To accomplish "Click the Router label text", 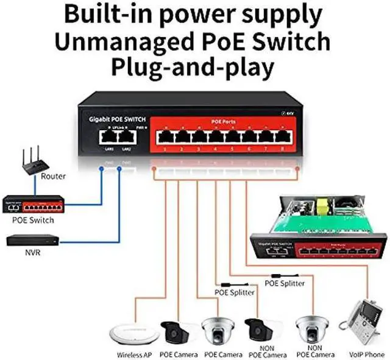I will coord(53,177).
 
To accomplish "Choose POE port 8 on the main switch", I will coord(282,136).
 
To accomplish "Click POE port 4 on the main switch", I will coord(214,136).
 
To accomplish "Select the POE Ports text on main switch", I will coord(223,122).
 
